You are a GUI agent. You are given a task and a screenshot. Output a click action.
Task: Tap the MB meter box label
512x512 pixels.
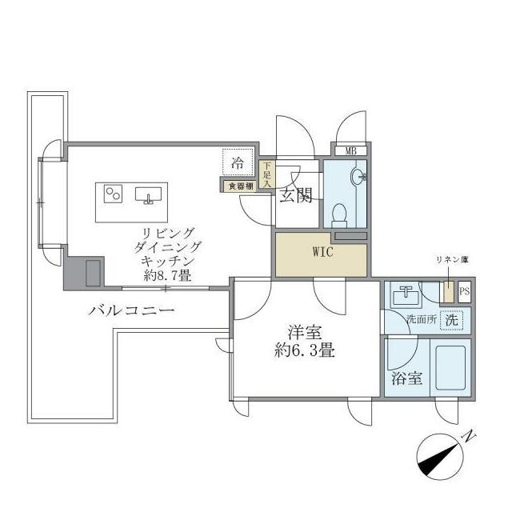click(350, 150)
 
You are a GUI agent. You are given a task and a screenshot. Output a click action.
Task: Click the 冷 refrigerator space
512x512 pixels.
click(238, 162)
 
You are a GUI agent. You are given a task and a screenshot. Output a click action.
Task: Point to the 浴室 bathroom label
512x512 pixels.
click(406, 378)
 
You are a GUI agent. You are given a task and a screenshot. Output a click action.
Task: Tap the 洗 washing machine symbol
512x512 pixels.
click(452, 320)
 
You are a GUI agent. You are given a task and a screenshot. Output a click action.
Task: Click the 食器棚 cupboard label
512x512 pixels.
click(239, 186)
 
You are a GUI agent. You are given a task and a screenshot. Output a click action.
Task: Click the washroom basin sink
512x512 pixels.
click(406, 295)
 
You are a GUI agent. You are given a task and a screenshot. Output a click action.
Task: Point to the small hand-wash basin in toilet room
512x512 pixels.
click(358, 177)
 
